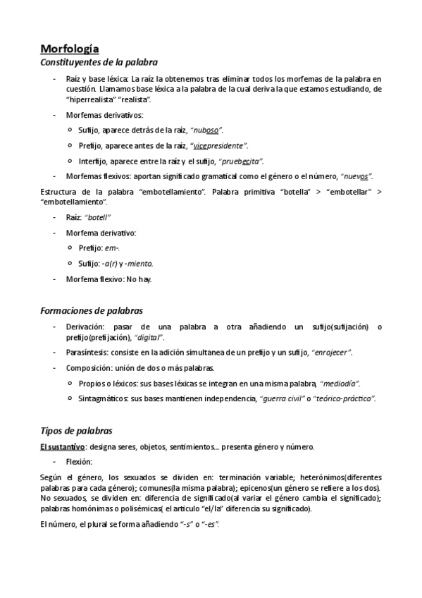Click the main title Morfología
coord(69,49)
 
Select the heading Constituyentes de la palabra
coord(99,62)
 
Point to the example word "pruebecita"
coord(242,161)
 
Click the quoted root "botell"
coord(99,217)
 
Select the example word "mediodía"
coord(340,383)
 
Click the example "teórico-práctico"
coord(346,398)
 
